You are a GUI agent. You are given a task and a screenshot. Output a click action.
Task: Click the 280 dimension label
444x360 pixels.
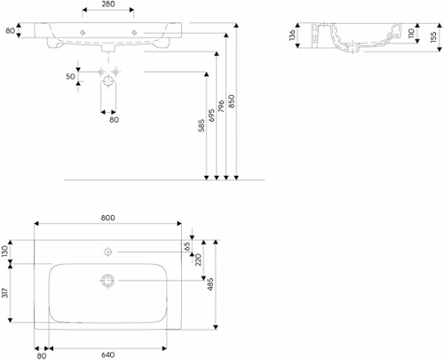(x=107, y=4)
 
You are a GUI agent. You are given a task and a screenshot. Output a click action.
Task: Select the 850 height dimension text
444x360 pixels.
(x=232, y=100)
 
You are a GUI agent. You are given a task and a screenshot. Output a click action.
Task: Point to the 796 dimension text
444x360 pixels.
(x=221, y=107)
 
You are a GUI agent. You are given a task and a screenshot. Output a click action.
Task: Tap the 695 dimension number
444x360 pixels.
(x=211, y=116)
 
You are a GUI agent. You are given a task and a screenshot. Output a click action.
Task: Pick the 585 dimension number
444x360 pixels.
(x=202, y=125)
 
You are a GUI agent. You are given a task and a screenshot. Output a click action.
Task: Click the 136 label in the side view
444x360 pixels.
(x=292, y=35)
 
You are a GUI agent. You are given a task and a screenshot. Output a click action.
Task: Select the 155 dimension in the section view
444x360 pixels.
(x=433, y=37)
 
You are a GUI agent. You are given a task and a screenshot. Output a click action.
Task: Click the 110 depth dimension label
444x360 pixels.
(x=411, y=33)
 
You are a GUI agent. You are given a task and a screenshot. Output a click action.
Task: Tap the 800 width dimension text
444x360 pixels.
(x=107, y=218)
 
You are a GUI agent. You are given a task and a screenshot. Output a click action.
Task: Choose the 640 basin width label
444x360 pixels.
(x=107, y=355)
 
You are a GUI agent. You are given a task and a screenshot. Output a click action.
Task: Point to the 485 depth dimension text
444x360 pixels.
(x=210, y=284)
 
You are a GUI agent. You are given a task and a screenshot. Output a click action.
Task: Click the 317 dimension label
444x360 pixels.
(x=5, y=292)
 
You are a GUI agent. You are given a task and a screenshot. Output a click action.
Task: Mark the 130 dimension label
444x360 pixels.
(x=5, y=252)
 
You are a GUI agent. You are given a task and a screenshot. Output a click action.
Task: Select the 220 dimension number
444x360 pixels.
(x=198, y=260)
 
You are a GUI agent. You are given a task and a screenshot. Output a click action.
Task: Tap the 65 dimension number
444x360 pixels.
(x=187, y=246)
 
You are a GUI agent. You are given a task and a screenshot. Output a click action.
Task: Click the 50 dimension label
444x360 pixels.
(x=70, y=76)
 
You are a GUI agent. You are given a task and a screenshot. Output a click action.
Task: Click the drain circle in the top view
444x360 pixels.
(x=107, y=280)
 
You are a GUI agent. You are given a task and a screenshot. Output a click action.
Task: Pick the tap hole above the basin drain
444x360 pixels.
(x=108, y=252)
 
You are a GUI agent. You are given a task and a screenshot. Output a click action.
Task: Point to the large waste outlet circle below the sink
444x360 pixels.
(x=108, y=81)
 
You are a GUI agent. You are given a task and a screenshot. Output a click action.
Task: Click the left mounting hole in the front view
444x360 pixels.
(x=83, y=33)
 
